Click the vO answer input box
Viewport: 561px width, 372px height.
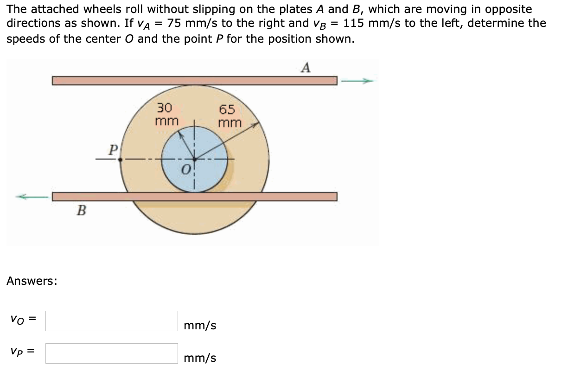111,321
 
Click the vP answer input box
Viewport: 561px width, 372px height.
111,353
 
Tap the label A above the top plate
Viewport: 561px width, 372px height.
305,68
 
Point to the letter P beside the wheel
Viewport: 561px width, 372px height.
112,150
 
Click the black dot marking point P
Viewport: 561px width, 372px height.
120,159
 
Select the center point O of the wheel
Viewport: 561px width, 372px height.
194,159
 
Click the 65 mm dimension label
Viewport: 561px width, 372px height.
229,116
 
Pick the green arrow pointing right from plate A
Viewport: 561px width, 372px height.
357,81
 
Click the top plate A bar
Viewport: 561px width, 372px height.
194,81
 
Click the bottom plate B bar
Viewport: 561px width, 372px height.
194,197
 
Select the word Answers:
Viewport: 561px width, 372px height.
32,281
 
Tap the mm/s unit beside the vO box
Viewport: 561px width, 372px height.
200,326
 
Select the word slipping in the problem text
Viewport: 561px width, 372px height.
190,9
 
